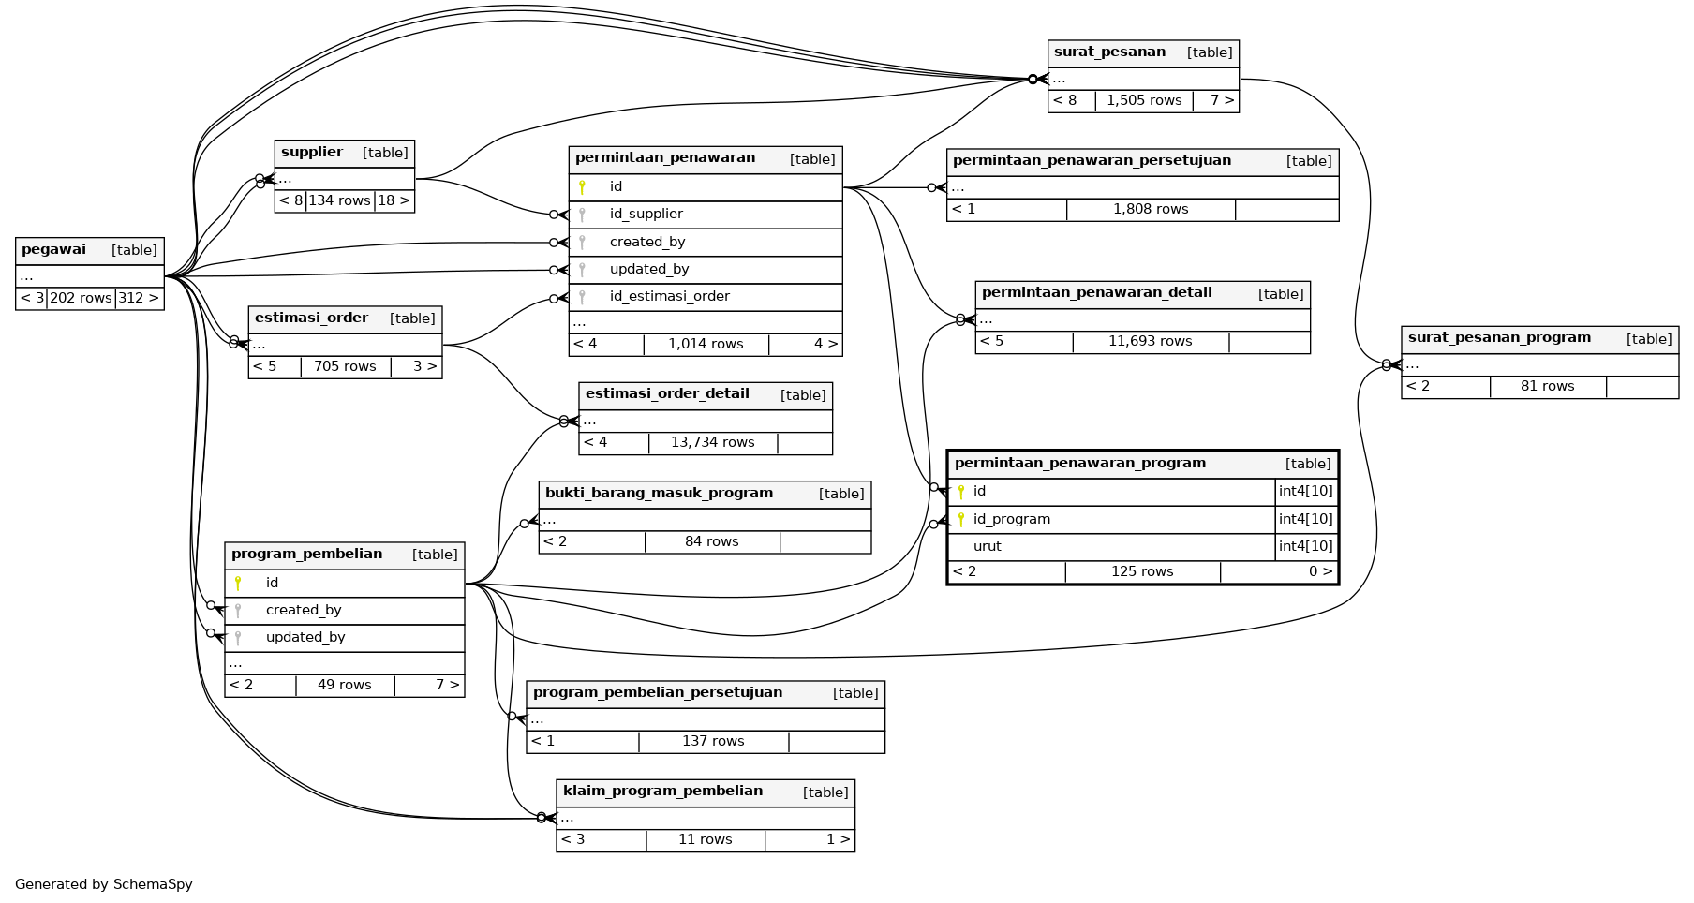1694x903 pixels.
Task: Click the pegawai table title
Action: tap(53, 250)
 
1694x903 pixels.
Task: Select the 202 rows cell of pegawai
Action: tap(81, 299)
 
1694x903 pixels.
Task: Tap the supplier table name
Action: tap(312, 153)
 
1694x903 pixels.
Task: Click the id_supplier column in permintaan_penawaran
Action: tap(646, 215)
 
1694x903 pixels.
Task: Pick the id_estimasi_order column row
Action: tap(669, 297)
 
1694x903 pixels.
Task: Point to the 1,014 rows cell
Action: tap(706, 345)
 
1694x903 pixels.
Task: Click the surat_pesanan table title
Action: tap(1109, 52)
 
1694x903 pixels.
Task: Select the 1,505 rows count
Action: tap(1144, 101)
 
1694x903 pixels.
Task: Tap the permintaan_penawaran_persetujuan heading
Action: tap(1092, 161)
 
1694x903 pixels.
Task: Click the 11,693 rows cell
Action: tap(1150, 342)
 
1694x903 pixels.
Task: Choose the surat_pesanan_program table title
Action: tap(1499, 338)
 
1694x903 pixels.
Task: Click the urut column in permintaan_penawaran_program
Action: tap(987, 547)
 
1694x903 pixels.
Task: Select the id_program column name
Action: tap(1011, 520)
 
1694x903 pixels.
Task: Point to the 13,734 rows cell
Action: tap(712, 443)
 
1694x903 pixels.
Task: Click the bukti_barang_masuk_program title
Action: tap(659, 494)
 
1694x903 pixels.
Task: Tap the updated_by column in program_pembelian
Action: tap(305, 638)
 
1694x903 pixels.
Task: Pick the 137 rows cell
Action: tap(713, 742)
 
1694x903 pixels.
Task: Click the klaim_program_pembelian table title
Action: tap(662, 792)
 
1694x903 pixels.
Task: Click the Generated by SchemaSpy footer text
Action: tap(104, 885)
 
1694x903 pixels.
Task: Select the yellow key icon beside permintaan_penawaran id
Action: tap(582, 187)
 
